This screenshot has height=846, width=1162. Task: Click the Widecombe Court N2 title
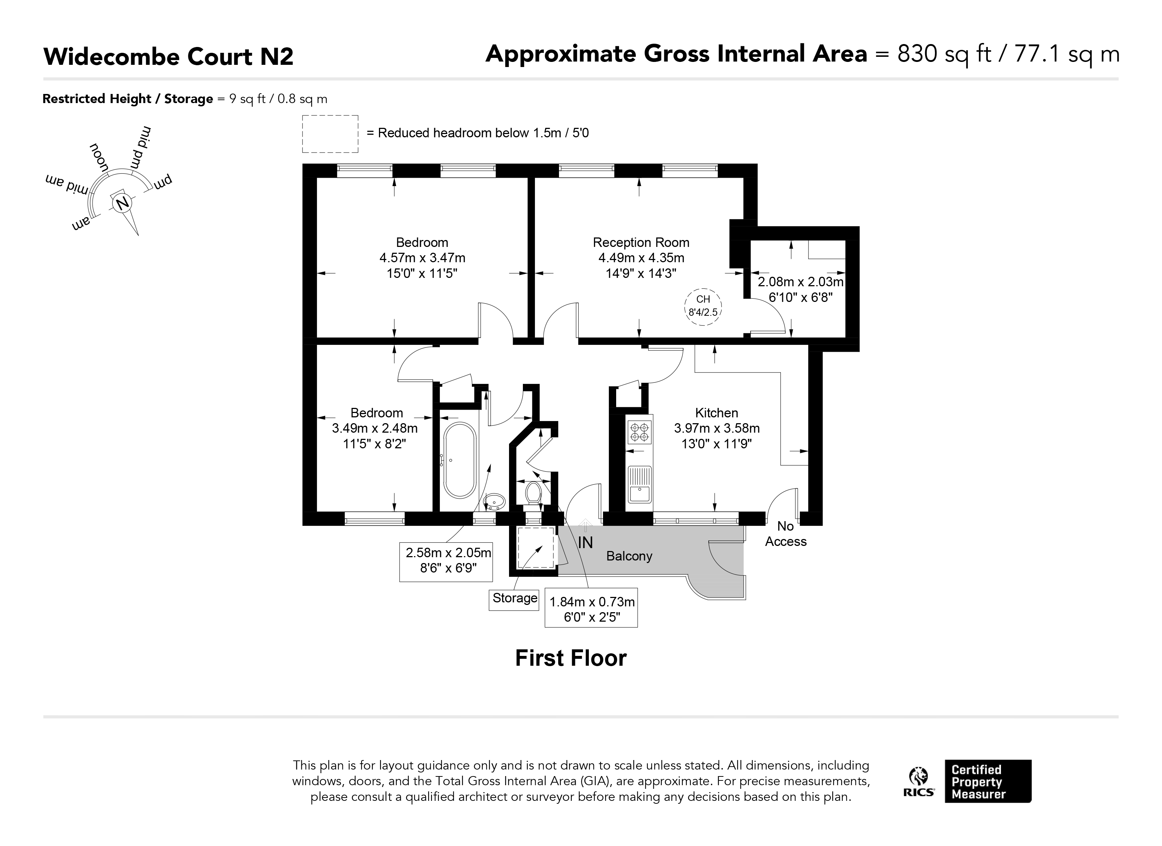pyautogui.click(x=169, y=56)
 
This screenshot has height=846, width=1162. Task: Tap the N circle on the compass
pyautogui.click(x=122, y=203)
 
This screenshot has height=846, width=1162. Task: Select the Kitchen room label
pyautogui.click(x=716, y=413)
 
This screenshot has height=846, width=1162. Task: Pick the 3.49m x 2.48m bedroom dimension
pyautogui.click(x=375, y=428)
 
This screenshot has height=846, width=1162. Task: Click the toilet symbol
pyautogui.click(x=533, y=493)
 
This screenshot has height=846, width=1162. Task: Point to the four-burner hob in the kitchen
pyautogui.click(x=640, y=432)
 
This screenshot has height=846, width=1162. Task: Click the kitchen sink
pyautogui.click(x=640, y=484)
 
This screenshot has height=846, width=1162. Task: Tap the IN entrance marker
pyautogui.click(x=585, y=542)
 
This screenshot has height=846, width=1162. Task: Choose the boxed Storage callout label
pyautogui.click(x=515, y=598)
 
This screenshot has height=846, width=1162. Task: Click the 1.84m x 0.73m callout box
pyautogui.click(x=591, y=607)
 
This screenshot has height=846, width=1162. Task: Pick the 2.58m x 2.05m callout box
pyautogui.click(x=446, y=562)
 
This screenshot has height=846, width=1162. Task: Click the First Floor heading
pyautogui.click(x=571, y=658)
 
